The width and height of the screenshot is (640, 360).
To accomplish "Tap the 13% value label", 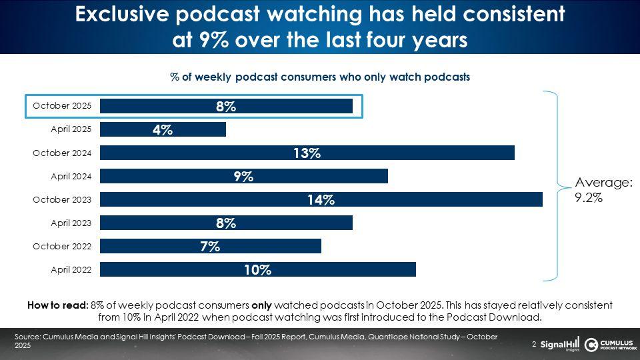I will pos(307,153).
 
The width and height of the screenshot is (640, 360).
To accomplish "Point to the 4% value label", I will pos(162,130).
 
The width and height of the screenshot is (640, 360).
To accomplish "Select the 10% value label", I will pos(257,270).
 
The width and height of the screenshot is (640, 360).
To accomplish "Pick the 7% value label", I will pos(209,247).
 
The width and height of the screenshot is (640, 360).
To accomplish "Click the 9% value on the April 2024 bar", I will pos(243,177).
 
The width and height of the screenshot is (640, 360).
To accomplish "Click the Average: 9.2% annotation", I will pos(603,190).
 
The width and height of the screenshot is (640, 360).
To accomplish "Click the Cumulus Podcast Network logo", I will pos(609,344).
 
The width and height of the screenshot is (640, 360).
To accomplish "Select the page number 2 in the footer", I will pos(534,345).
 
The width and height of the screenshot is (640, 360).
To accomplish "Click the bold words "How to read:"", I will pos(57,305).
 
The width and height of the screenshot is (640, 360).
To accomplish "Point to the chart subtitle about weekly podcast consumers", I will pos(320,77).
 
